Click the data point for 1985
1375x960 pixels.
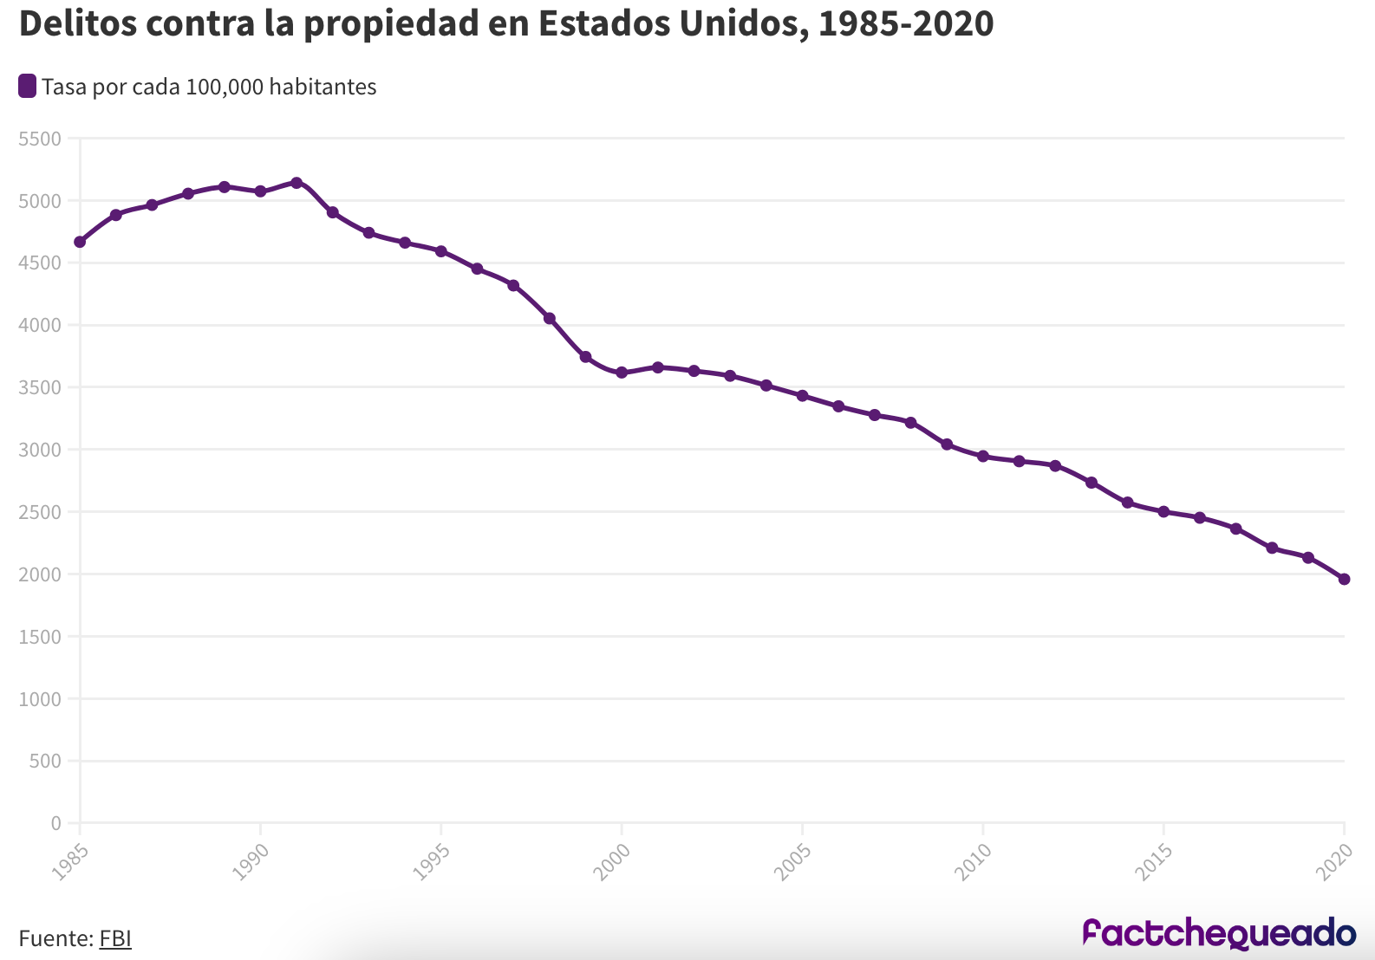80,242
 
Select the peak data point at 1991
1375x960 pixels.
297,183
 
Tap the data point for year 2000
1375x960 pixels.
622,373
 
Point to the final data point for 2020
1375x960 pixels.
1344,579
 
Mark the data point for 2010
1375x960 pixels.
983,456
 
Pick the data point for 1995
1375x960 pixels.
441,251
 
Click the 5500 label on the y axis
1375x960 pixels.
40,139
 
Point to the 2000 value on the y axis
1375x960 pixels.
40,574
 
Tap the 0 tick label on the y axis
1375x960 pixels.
55,823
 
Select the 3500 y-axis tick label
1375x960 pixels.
40,387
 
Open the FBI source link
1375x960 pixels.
115,938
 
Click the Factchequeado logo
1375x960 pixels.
1219,933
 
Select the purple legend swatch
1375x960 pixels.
28,87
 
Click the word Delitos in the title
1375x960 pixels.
77,24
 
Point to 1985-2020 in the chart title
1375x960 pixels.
906,24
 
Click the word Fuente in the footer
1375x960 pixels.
54,938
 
